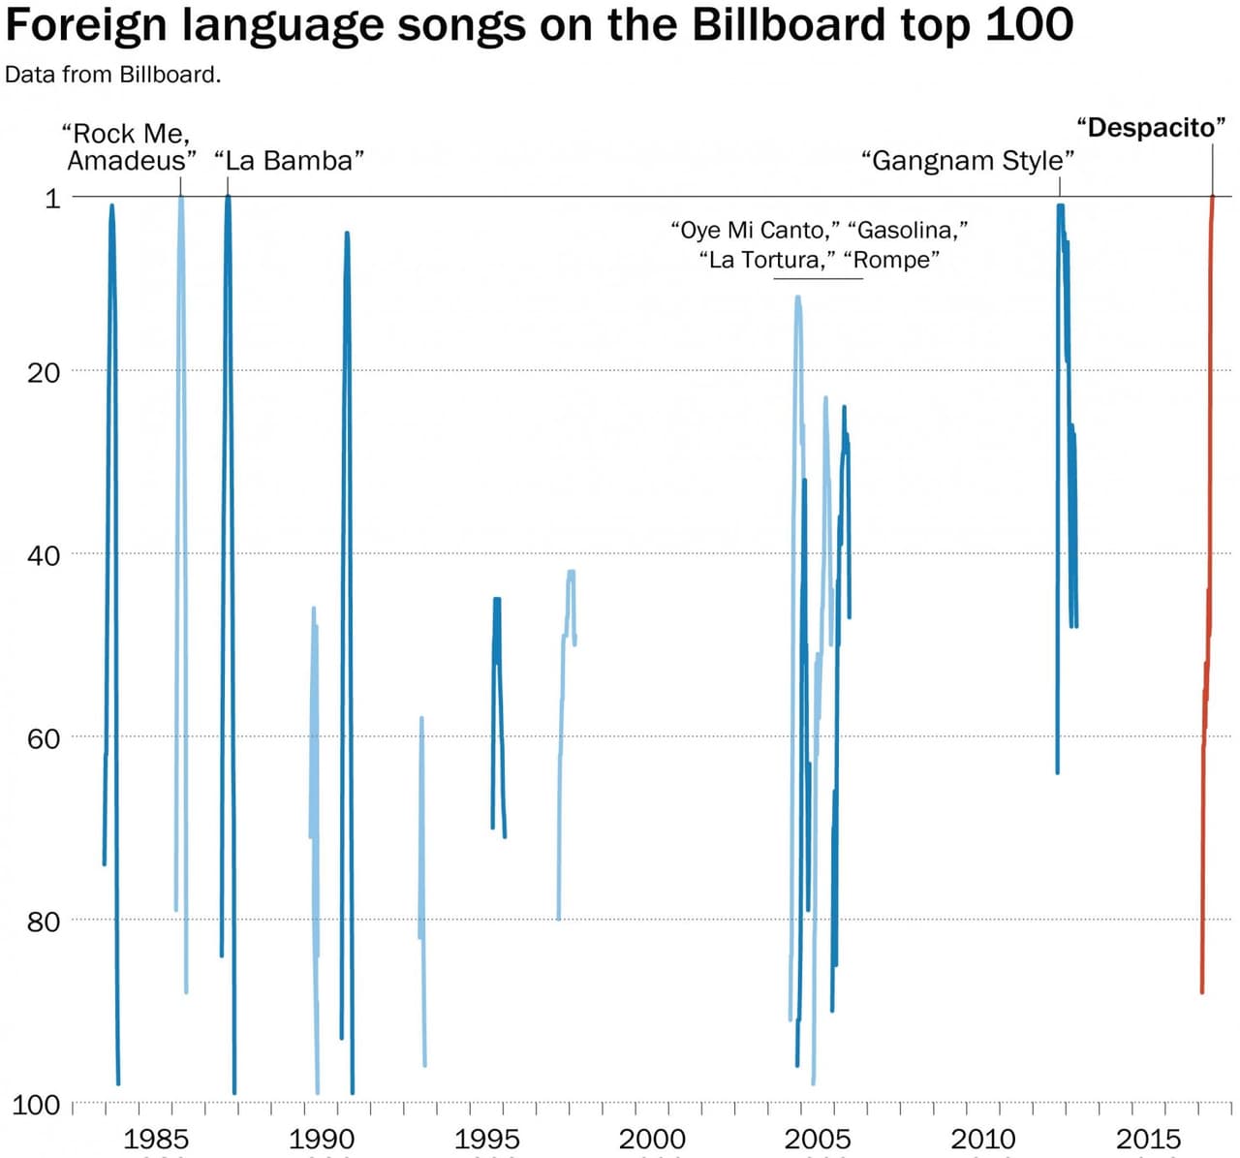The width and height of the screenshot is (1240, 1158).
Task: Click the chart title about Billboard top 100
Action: pos(539,25)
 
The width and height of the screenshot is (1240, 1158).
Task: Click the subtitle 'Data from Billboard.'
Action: pos(112,75)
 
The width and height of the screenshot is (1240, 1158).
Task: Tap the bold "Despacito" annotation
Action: pos(1151,128)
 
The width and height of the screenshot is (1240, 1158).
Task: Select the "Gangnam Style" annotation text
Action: pos(968,161)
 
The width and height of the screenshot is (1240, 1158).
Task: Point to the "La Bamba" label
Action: pos(289,161)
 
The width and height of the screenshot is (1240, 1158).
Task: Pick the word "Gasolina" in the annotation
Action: pos(907,231)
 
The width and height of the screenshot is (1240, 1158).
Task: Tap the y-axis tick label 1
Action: pos(52,199)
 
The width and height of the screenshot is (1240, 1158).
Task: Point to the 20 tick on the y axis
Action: pos(44,372)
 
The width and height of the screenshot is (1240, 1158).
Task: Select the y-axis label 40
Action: pos(44,555)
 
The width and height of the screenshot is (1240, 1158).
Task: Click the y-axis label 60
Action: pos(44,738)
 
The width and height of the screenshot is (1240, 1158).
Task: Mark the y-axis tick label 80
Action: pos(44,921)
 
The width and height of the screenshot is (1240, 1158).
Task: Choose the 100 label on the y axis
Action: pos(36,1105)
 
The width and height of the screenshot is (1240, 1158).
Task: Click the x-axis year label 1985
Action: pos(156,1140)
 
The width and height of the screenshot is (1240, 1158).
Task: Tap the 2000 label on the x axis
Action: pos(652,1140)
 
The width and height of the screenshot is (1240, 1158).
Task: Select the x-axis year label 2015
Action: pos(1148,1140)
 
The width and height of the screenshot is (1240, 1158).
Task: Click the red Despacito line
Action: pos(1207,485)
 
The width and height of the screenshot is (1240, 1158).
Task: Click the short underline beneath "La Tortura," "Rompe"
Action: pos(818,279)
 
